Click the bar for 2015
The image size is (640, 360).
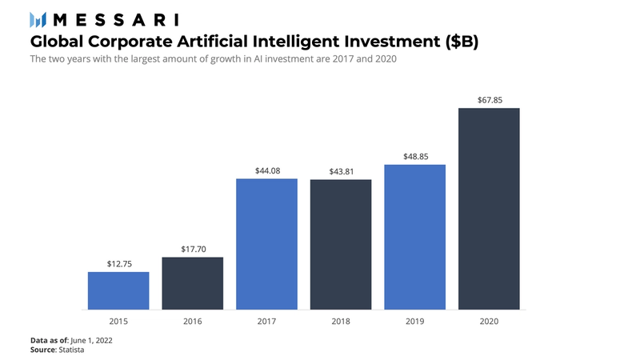click(118, 290)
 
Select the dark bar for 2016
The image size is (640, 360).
click(192, 283)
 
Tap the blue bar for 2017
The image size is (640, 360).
click(266, 244)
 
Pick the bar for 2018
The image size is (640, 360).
click(341, 244)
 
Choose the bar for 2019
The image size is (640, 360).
click(414, 237)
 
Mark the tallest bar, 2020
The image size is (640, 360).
click(489, 208)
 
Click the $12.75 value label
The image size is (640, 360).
click(118, 263)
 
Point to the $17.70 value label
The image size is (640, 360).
click(192, 248)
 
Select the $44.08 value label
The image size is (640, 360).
click(266, 170)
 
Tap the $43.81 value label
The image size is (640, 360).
click(341, 170)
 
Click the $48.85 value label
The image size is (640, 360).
click(414, 156)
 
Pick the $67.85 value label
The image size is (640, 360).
click(489, 99)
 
